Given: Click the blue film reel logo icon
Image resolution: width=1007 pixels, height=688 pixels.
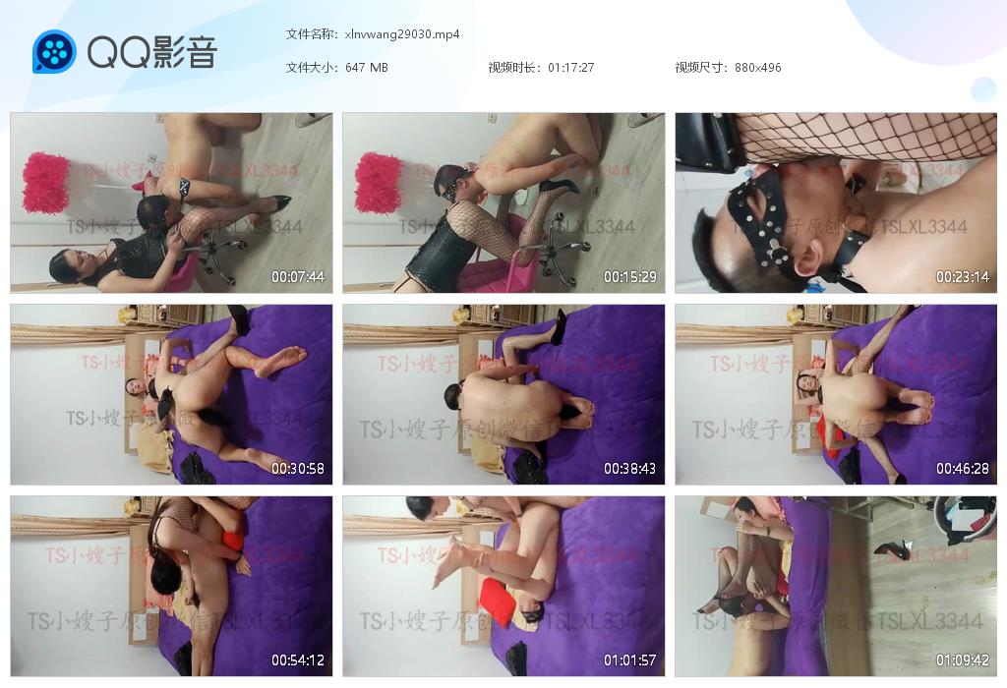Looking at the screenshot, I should [54, 52].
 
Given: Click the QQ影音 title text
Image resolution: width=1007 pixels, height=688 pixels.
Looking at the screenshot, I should [151, 52].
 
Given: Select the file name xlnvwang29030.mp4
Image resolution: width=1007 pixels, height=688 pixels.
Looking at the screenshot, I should [402, 34].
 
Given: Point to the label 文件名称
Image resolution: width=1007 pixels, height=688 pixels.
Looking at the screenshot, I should [312, 34].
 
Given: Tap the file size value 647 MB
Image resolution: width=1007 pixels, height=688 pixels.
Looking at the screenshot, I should [367, 68].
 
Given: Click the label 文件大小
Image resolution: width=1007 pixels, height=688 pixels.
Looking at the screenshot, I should [312, 68].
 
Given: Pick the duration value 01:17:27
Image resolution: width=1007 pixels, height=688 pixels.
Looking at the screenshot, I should [571, 68].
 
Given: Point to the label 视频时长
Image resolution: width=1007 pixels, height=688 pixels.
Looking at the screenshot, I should [514, 68].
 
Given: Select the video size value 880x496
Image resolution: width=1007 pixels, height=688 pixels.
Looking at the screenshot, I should [757, 68].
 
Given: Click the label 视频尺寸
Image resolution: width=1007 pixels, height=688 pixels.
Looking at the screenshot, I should [701, 68].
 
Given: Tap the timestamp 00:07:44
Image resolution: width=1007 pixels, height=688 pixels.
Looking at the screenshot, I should [298, 277].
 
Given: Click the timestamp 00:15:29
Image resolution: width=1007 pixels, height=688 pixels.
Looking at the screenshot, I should [630, 277].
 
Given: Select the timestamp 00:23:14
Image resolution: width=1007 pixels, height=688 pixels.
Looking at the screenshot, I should [963, 277].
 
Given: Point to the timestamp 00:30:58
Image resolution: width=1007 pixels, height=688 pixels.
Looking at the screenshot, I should [298, 469].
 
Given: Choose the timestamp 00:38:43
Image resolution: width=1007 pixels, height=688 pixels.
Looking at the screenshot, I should [630, 469].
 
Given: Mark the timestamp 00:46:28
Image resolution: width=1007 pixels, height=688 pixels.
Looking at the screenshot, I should [963, 469].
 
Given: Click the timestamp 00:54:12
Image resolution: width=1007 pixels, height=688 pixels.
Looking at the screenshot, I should [298, 660].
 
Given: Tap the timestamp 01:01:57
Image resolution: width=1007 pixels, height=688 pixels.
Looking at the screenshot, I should [630, 660].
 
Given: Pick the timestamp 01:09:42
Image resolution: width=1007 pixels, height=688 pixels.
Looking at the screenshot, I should [963, 660].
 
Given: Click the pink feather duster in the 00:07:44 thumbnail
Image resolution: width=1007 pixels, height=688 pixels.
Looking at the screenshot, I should [46, 182].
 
